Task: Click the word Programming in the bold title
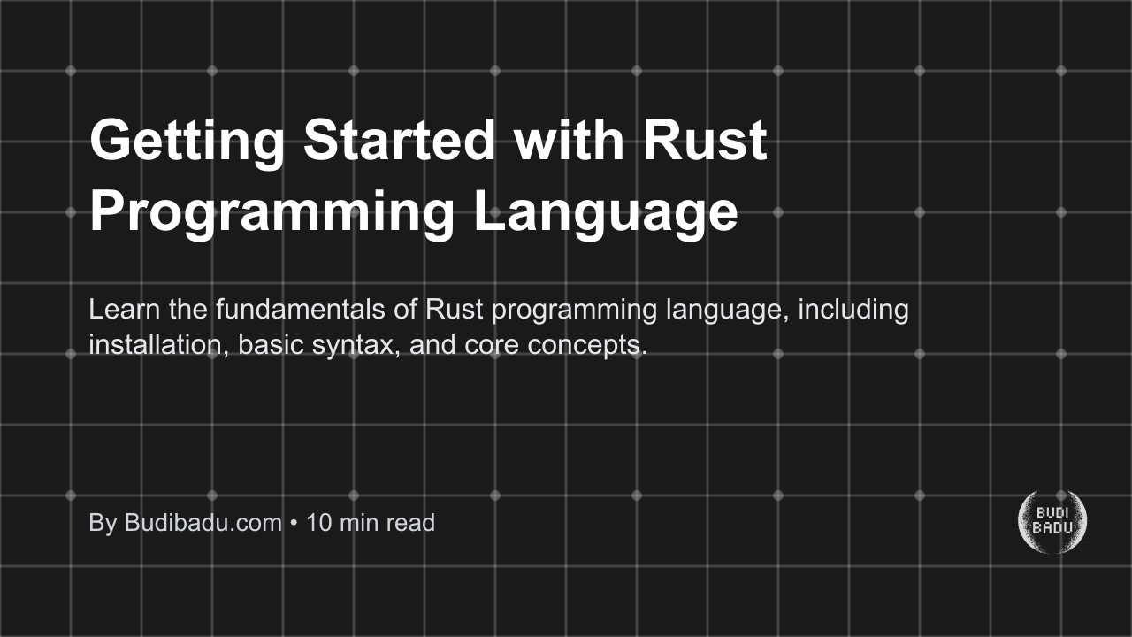[x=272, y=213]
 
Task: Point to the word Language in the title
[x=606, y=213]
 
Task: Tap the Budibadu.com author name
[x=203, y=523]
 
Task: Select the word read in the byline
[x=409, y=523]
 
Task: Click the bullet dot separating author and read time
[x=294, y=524]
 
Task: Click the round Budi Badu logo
[x=1052, y=522]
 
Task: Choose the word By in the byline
[x=103, y=523]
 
